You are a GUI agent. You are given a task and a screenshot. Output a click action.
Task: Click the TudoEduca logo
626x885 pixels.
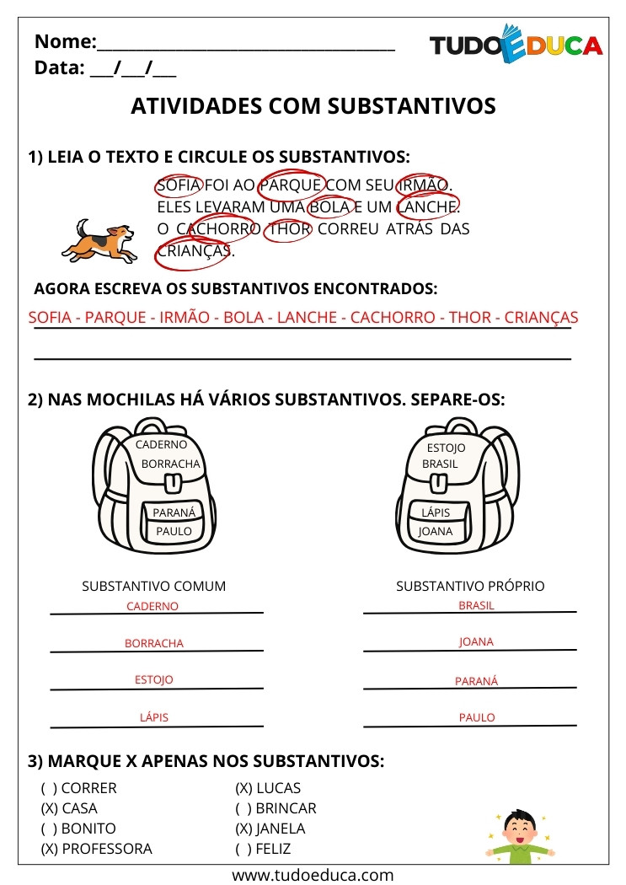coord(516,46)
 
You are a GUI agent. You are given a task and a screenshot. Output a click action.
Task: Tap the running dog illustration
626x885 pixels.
coord(99,240)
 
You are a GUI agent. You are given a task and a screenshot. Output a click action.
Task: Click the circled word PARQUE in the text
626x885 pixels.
coord(291,185)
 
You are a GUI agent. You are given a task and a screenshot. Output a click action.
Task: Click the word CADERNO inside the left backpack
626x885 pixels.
coord(161,444)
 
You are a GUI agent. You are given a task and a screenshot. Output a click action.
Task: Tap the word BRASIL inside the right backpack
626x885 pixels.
coord(440,464)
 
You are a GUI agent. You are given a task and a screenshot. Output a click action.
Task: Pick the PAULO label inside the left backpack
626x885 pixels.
coord(174,532)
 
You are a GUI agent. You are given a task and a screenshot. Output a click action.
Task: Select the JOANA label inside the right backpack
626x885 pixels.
coord(436,532)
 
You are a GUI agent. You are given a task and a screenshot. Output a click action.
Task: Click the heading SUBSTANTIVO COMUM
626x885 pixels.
coord(153,586)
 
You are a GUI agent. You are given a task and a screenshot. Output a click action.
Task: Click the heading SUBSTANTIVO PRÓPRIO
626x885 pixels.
coord(470,586)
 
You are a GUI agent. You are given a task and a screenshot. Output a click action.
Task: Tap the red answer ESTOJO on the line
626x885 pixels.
coord(153,679)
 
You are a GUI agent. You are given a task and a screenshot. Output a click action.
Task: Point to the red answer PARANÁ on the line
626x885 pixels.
coord(476,681)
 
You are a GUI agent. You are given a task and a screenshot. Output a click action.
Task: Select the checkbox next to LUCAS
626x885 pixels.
coord(243,789)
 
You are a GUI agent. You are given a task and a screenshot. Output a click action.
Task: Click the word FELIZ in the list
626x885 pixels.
coord(274,849)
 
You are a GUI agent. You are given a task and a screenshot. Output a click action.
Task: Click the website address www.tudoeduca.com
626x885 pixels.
coord(313,875)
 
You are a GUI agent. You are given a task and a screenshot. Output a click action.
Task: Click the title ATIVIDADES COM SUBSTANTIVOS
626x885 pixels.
coord(313,106)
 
